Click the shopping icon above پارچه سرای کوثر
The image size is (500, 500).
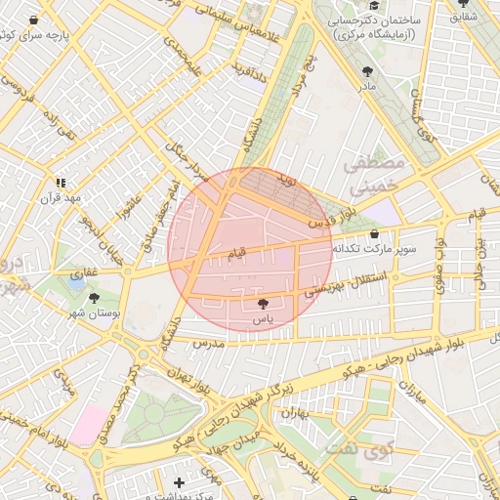35,20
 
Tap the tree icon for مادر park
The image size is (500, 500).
367,72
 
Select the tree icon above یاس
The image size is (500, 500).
262,303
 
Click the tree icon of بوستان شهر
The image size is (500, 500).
95,298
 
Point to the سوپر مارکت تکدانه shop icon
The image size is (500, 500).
376,233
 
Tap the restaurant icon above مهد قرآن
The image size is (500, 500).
61,182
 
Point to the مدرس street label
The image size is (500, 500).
208,344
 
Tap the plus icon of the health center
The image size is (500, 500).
178,482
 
